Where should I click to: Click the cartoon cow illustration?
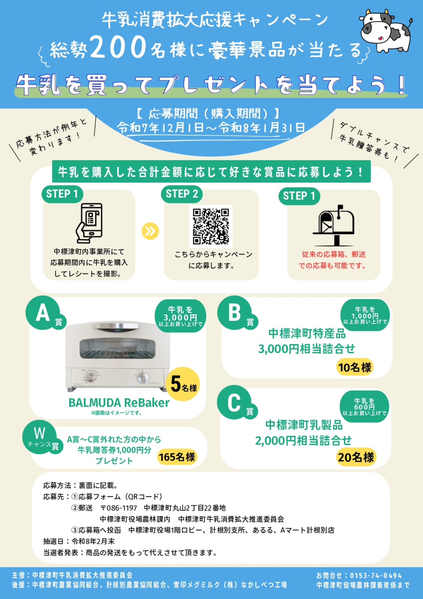pyautogui.click(x=386, y=30)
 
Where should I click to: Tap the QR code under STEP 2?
pyautogui.click(x=211, y=226)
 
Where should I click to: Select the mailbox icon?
pyautogui.click(x=334, y=225)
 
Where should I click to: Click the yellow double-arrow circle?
pyautogui.click(x=150, y=231)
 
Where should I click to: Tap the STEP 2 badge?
pyautogui.click(x=182, y=194)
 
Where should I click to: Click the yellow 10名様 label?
pyautogui.click(x=355, y=367)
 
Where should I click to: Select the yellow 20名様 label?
pyautogui.click(x=356, y=457)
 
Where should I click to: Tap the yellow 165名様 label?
pyautogui.click(x=177, y=457)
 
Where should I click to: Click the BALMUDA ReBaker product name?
pyautogui.click(x=119, y=402)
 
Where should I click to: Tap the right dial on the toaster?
pyautogui.click(x=144, y=378)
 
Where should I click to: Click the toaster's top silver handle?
pyautogui.click(x=117, y=326)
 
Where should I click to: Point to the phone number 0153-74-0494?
pyautogui.click(x=376, y=576)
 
